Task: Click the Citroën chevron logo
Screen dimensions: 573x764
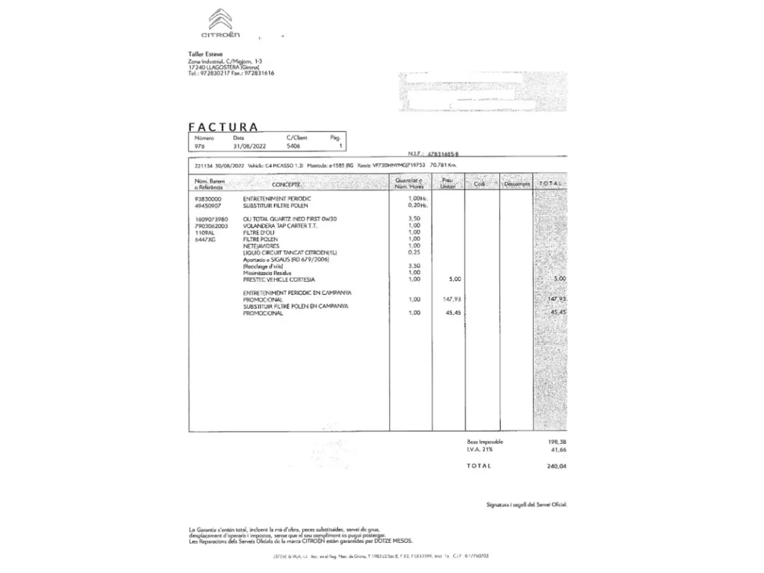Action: point(220,20)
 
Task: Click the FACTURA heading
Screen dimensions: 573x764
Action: point(223,127)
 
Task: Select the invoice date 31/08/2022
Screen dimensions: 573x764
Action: point(249,146)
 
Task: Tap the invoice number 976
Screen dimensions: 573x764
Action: point(199,146)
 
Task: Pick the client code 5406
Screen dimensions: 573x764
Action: point(293,146)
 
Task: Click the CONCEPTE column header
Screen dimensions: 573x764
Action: point(286,185)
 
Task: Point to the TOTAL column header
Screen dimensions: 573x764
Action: point(550,184)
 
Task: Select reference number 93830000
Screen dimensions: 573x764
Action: point(208,199)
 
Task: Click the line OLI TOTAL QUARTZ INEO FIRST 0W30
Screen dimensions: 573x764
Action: point(290,219)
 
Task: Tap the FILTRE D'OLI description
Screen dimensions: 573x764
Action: point(259,232)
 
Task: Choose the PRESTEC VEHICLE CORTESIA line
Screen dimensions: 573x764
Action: point(279,280)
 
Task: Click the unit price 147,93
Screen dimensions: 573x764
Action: point(452,299)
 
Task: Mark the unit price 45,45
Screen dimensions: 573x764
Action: point(453,313)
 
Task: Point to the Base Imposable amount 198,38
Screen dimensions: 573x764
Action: point(557,442)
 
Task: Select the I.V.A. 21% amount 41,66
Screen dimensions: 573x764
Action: point(559,450)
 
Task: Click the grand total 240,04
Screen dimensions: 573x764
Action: point(557,466)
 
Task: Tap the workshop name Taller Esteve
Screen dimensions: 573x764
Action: point(205,54)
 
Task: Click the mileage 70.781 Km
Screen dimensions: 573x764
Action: point(443,165)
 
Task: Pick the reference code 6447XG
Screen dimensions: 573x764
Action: point(205,240)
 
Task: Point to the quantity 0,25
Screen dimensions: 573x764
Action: point(414,253)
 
